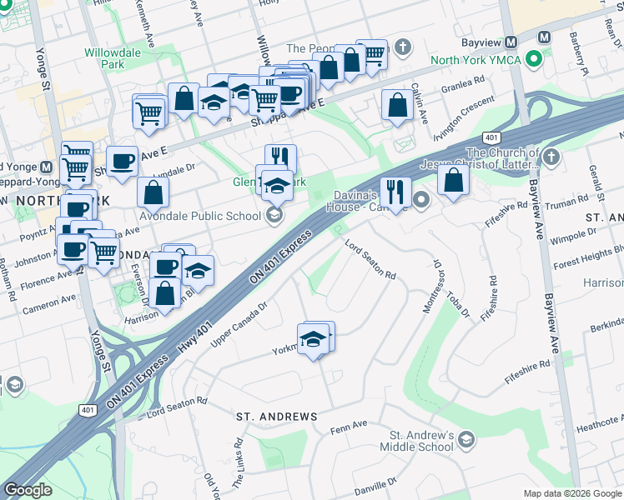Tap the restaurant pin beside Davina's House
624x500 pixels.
click(395, 192)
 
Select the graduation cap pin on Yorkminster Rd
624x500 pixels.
click(313, 340)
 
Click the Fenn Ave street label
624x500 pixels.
click(349, 425)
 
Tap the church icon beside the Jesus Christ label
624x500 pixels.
click(551, 157)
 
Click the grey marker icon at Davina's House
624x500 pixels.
click(421, 199)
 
